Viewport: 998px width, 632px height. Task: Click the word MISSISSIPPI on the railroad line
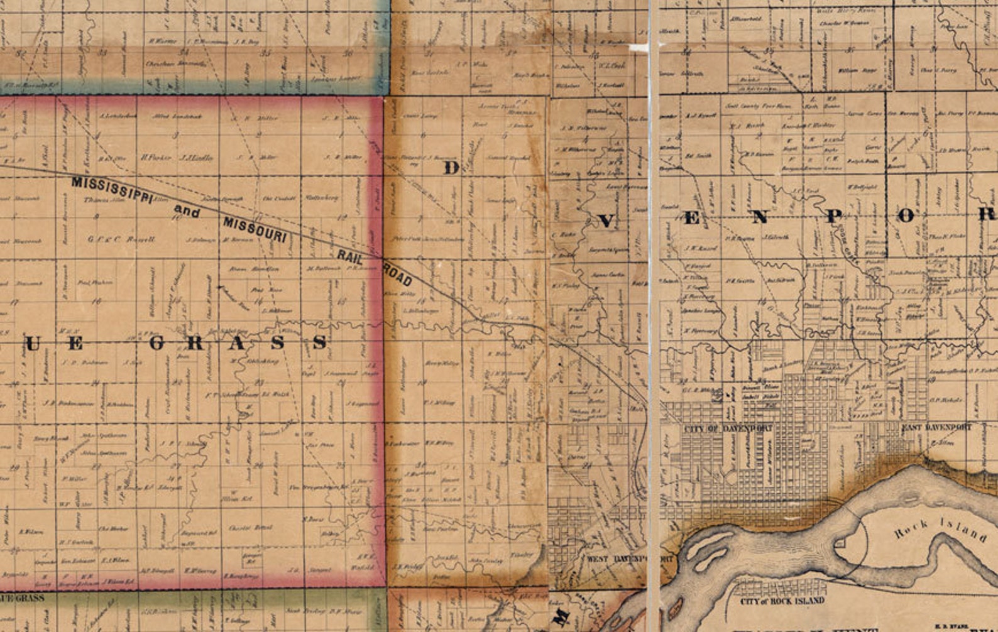(x=112, y=189)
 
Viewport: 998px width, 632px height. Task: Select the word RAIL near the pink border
(x=351, y=256)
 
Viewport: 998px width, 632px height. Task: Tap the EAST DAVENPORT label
(x=936, y=427)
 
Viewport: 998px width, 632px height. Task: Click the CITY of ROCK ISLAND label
(x=782, y=601)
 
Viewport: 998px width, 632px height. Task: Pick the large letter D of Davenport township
(x=451, y=168)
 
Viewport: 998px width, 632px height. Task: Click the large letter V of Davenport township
(x=606, y=221)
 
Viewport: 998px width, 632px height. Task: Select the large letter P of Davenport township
(x=833, y=217)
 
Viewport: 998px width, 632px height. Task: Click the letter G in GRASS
(x=157, y=343)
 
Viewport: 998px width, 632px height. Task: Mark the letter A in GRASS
(x=238, y=343)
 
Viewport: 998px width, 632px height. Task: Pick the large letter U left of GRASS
(x=33, y=343)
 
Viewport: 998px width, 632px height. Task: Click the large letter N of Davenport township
(x=759, y=217)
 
